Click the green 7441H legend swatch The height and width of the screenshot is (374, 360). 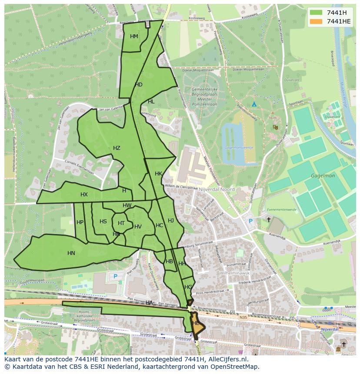pyautogui.click(x=317, y=12)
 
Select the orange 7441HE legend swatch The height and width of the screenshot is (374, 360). pyautogui.click(x=317, y=21)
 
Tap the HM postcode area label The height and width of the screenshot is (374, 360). pyautogui.click(x=134, y=36)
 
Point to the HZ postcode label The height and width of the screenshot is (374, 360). pyautogui.click(x=117, y=148)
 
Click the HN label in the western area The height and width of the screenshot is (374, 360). pyautogui.click(x=71, y=253)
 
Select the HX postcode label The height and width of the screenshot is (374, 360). pyautogui.click(x=84, y=195)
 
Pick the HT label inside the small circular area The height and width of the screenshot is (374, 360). pyautogui.click(x=121, y=223)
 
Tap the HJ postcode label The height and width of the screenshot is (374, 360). pyautogui.click(x=171, y=221)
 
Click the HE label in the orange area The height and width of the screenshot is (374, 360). pyautogui.click(x=196, y=323)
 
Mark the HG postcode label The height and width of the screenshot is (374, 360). pyautogui.click(x=188, y=287)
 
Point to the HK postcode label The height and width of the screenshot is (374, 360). pyautogui.click(x=158, y=174)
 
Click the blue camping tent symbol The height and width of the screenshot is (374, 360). pyautogui.click(x=254, y=104)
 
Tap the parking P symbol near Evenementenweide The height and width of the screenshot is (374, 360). pyautogui.click(x=250, y=221)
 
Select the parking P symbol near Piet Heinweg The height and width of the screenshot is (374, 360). pyautogui.click(x=115, y=276)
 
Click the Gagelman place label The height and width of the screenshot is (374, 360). pyautogui.click(x=322, y=176)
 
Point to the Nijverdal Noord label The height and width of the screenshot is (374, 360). pyautogui.click(x=217, y=190)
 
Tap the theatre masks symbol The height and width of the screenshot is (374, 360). pyautogui.click(x=275, y=127)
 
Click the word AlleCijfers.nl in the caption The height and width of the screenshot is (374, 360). pyautogui.click(x=226, y=359)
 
